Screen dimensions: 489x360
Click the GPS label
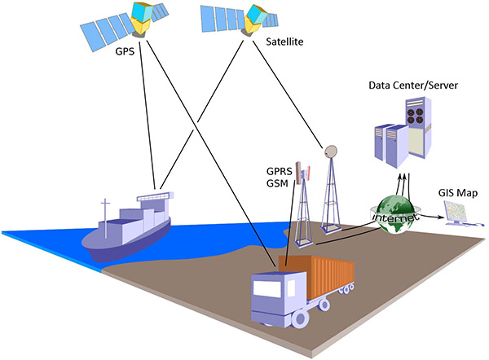tap(125, 51)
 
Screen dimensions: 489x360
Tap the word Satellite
tap(284, 42)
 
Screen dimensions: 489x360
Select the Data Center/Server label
tap(413, 86)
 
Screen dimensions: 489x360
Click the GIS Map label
tap(458, 193)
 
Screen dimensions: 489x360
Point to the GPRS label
tap(279, 171)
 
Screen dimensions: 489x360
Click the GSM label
tap(277, 183)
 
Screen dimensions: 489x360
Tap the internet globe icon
tap(395, 214)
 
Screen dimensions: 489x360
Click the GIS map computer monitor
tap(456, 211)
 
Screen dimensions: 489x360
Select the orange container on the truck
tap(316, 276)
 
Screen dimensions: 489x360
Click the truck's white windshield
tap(267, 288)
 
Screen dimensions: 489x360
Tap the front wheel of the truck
tap(300, 318)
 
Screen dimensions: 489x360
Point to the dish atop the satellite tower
tap(331, 151)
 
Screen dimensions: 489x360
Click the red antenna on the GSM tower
tap(308, 173)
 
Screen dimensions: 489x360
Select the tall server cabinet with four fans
tap(418, 128)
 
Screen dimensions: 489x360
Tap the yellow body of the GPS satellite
tap(140, 27)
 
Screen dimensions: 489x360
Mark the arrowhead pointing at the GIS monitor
tap(440, 217)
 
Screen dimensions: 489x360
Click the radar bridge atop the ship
tap(155, 196)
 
